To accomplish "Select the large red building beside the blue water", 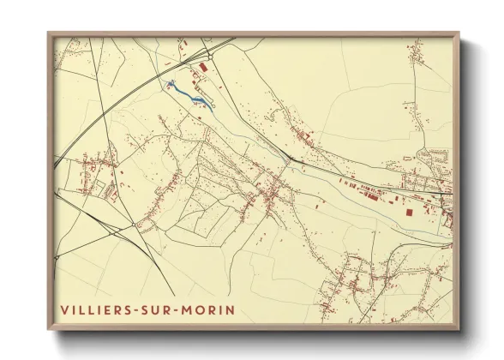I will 203,66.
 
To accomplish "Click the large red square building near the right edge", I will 409,210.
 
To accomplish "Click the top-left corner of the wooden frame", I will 49,33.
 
